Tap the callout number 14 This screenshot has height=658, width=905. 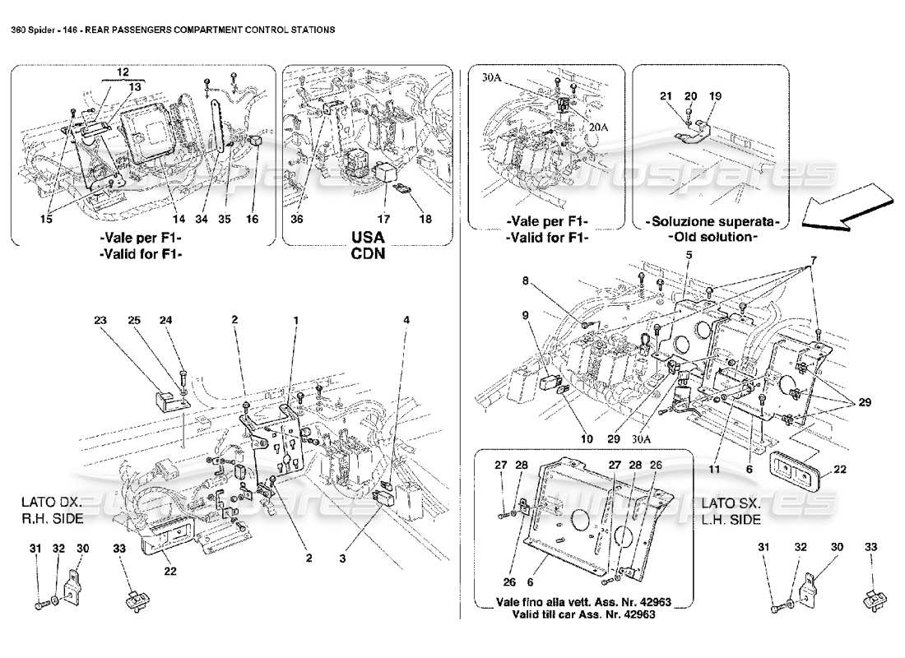click(175, 220)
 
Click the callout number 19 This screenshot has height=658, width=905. click(715, 96)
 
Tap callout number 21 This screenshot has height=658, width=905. click(666, 96)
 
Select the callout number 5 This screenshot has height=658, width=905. click(687, 254)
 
